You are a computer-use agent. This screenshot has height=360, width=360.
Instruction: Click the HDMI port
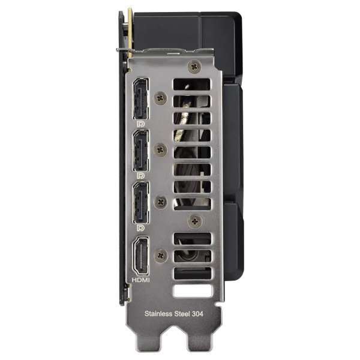141,256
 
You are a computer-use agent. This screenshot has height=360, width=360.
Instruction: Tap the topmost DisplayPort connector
141,99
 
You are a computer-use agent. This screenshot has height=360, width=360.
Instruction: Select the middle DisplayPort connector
141,151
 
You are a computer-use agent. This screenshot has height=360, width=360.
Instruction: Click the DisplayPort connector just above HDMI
141,202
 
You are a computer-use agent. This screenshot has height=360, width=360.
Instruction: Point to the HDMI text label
140,280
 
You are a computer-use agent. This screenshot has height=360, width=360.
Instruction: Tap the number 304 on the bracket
197,314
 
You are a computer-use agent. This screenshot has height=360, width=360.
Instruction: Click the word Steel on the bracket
182,314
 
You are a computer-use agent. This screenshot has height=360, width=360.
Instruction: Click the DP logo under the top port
140,124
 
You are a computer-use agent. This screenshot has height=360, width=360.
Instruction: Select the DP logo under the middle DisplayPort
140,176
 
